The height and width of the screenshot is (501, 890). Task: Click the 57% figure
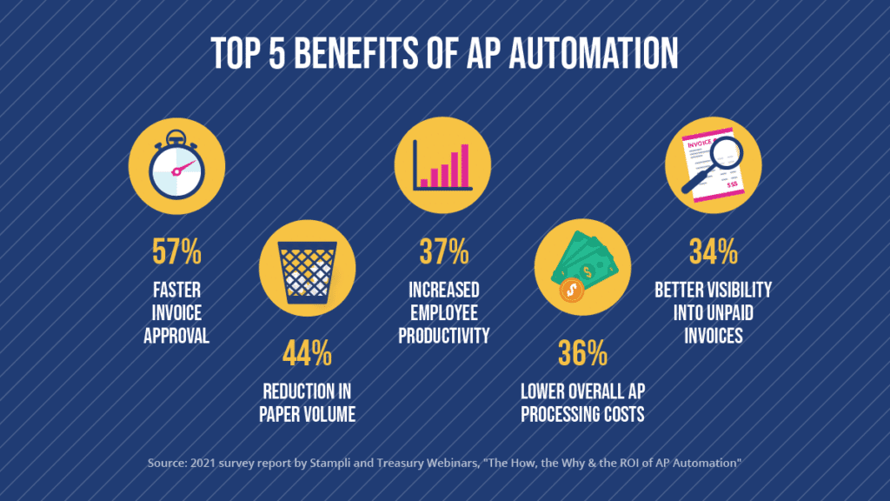click(x=176, y=254)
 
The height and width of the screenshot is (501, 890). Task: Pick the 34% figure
click(x=714, y=254)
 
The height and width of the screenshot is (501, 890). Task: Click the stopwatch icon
click(x=176, y=166)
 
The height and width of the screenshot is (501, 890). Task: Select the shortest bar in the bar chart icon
click(x=423, y=182)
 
